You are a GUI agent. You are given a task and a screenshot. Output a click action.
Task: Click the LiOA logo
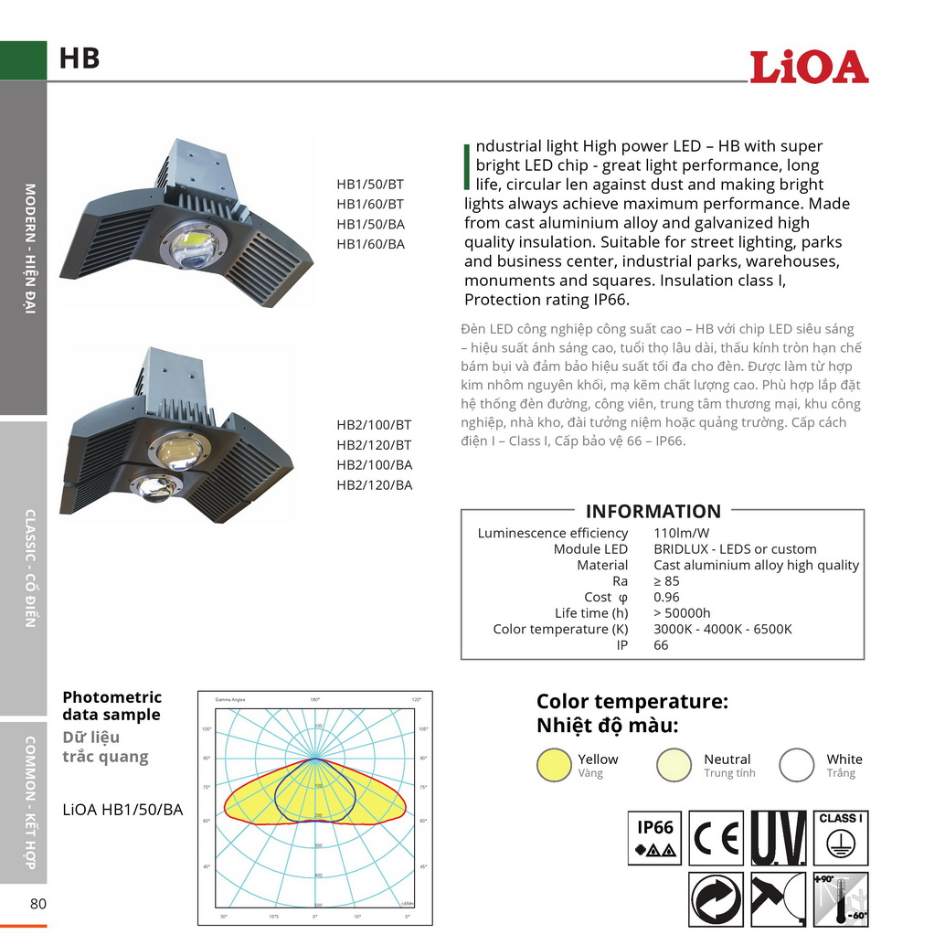[808, 68]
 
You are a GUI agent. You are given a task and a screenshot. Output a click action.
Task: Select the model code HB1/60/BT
[370, 204]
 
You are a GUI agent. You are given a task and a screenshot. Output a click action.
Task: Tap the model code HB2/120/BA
[375, 485]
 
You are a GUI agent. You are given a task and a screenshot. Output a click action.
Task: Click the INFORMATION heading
[653, 512]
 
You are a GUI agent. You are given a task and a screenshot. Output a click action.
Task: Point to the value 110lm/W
[682, 533]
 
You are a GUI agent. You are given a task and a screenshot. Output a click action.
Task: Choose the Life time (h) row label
[591, 613]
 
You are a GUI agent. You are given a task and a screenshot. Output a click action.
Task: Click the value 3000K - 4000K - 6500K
[722, 629]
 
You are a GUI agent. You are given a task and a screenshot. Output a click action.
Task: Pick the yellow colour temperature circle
[554, 765]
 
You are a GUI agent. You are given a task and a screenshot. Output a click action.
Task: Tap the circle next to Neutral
[674, 765]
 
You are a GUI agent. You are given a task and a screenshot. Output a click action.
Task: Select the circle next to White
[796, 765]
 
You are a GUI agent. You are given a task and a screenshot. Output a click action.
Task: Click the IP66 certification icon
[655, 838]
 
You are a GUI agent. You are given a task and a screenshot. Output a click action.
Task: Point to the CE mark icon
[716, 838]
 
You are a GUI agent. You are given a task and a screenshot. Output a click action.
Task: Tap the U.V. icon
[778, 838]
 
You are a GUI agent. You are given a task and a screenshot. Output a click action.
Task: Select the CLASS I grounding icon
[840, 838]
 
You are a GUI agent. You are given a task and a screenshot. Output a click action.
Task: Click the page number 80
[38, 904]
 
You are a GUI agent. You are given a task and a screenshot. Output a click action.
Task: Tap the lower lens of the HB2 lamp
[156, 488]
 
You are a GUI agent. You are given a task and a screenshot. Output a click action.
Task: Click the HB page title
[80, 58]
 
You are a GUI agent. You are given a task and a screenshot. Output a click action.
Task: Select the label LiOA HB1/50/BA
[122, 810]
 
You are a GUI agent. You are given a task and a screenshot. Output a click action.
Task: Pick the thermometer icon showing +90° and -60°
[840, 899]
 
